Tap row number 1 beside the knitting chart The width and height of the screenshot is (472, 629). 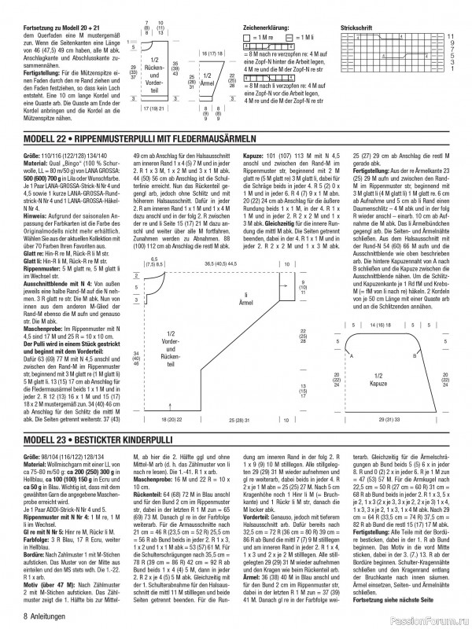click(x=450, y=69)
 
